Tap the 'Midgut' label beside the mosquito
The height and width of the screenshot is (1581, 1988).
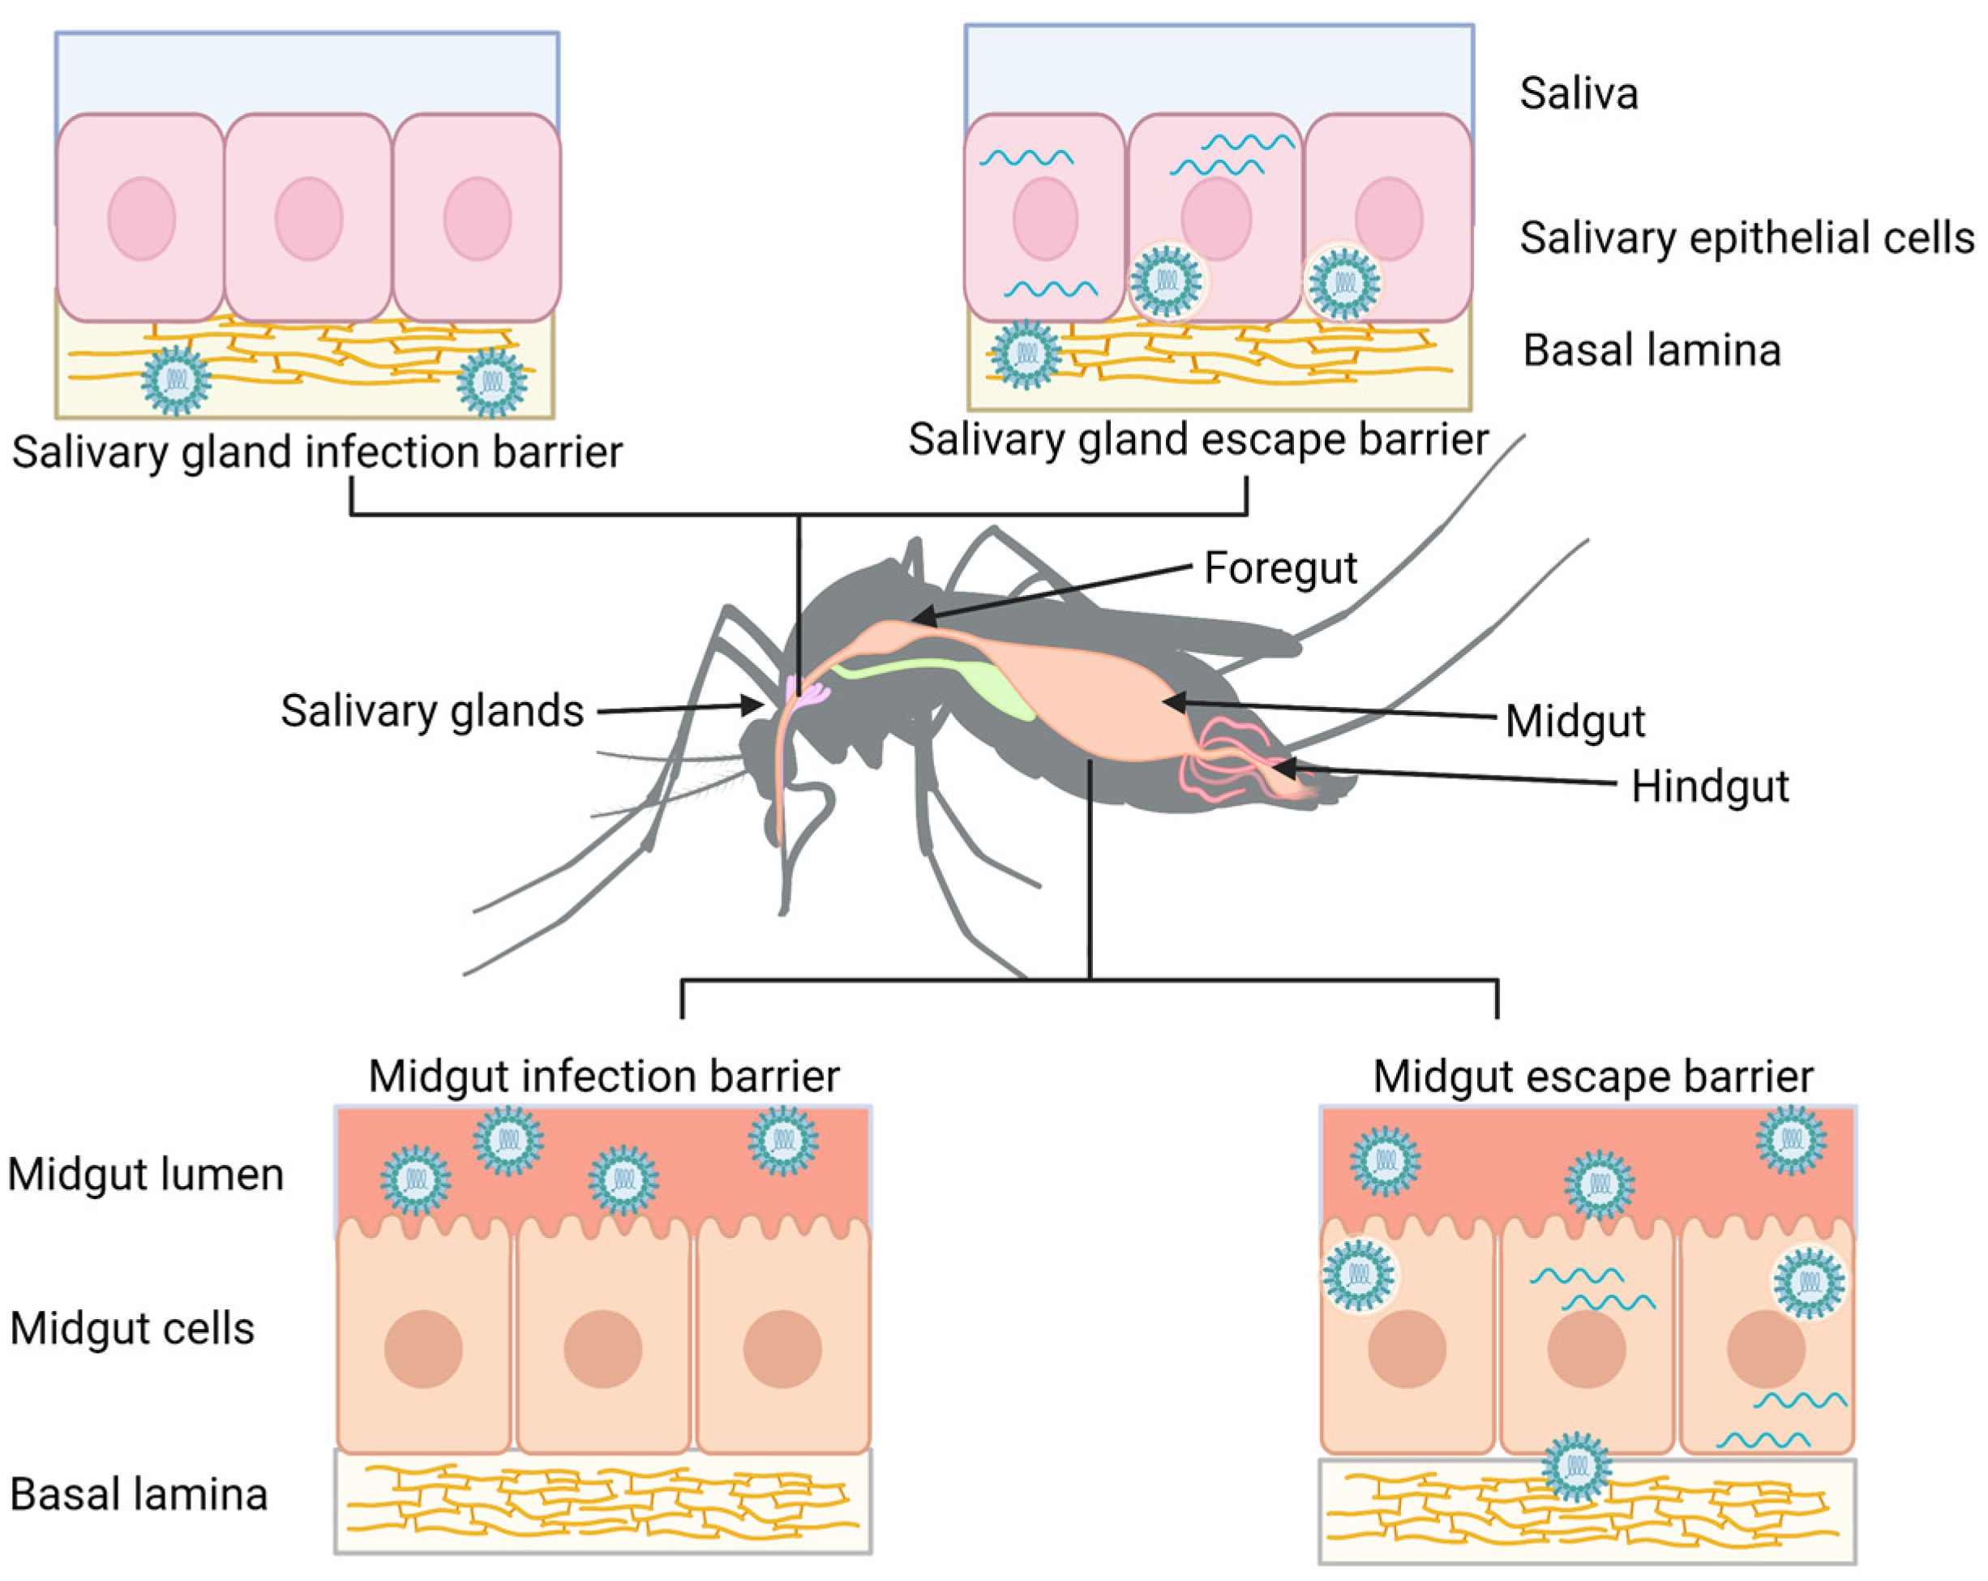tap(1575, 722)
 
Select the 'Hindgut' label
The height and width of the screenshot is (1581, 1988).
tap(1710, 787)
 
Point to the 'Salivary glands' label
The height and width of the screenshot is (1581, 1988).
tap(431, 712)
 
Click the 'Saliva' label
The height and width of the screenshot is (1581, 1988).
tap(1579, 94)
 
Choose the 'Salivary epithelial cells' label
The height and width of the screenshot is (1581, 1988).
tap(1746, 238)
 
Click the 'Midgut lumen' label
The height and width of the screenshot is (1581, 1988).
tap(146, 1176)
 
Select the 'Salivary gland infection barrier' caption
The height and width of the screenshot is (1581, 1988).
tap(317, 452)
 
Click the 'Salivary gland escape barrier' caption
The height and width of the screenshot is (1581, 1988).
tap(1198, 439)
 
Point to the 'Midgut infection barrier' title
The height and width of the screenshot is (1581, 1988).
tap(604, 1077)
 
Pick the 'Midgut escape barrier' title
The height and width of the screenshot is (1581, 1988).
tap(1592, 1077)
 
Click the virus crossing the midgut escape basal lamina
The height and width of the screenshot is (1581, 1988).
tap(1577, 1466)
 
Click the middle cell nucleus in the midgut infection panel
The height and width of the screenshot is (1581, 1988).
tap(603, 1348)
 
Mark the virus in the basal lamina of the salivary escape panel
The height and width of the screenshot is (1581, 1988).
tap(1025, 354)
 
